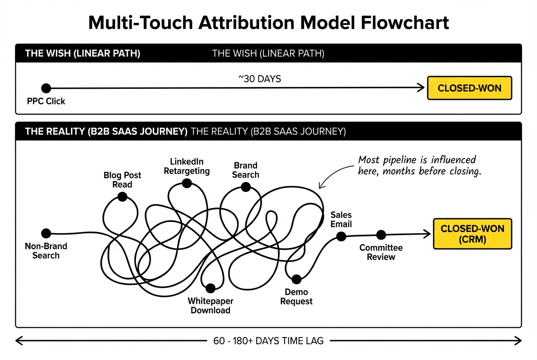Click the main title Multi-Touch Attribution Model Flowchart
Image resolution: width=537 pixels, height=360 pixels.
click(x=268, y=22)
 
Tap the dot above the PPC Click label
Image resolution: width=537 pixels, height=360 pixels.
click(x=46, y=88)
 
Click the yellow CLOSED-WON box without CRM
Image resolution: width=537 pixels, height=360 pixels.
click(x=469, y=88)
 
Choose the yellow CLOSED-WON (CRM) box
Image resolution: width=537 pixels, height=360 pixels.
click(x=472, y=233)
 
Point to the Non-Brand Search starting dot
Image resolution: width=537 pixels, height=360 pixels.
click(x=46, y=233)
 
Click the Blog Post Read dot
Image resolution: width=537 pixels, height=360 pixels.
click(x=122, y=197)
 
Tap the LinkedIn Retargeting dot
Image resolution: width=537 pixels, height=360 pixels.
click(x=186, y=183)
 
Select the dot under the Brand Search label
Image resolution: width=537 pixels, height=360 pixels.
click(x=245, y=187)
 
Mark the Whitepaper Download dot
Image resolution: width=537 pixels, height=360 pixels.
click(x=210, y=288)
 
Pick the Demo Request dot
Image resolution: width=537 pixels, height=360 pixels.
click(x=296, y=279)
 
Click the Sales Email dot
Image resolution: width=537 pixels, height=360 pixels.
click(x=341, y=236)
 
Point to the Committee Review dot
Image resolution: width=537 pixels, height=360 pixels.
click(x=381, y=235)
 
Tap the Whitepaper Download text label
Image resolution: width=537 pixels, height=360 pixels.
click(x=210, y=306)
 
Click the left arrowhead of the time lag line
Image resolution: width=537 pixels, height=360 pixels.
click(x=18, y=340)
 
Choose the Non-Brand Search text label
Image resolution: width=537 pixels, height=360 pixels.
click(x=46, y=251)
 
